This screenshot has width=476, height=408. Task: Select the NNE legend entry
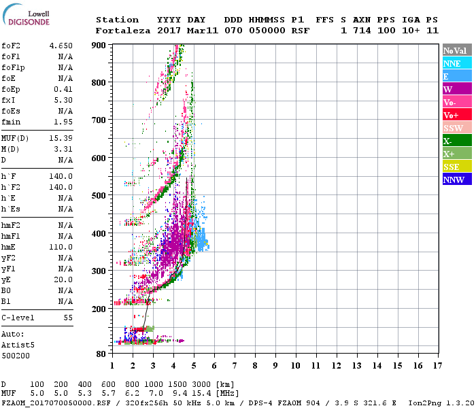452,63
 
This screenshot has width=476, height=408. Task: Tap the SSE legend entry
452,167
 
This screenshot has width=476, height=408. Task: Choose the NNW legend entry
454,180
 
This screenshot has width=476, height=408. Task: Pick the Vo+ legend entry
452,115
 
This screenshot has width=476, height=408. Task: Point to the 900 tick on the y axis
99,45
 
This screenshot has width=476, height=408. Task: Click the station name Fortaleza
122,31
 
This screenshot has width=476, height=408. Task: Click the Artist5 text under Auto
16,345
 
